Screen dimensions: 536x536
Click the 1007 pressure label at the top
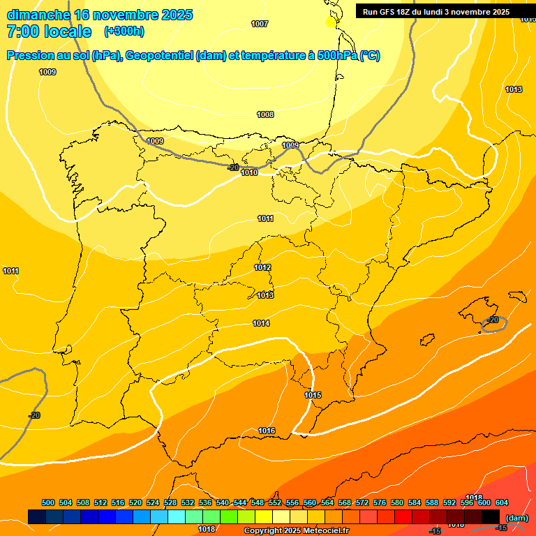click(x=260, y=24)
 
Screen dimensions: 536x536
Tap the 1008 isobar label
click(x=265, y=114)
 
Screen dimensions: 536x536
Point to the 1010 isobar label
click(x=249, y=172)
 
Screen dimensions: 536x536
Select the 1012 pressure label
click(x=262, y=267)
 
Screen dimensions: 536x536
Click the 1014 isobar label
click(x=261, y=323)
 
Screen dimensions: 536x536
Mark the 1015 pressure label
click(x=313, y=396)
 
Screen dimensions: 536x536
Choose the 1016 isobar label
click(x=267, y=431)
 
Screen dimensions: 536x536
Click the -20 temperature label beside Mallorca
click(x=493, y=320)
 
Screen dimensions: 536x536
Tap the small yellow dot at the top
click(x=331, y=22)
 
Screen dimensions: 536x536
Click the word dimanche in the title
click(x=38, y=15)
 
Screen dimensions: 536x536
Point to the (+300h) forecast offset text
click(x=124, y=31)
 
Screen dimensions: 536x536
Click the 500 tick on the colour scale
click(x=48, y=502)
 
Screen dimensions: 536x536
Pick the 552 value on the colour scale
click(x=275, y=502)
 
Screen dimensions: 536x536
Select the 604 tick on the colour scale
click(x=502, y=502)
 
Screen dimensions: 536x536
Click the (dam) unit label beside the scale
click(x=516, y=518)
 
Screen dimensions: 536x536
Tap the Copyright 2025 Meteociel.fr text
click(x=296, y=531)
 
